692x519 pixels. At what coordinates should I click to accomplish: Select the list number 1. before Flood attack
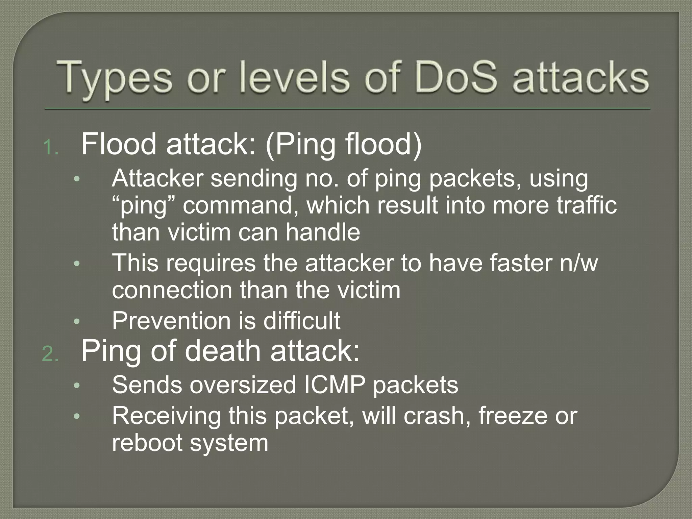pos(51,148)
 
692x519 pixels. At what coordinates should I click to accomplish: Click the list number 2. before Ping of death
pos(50,355)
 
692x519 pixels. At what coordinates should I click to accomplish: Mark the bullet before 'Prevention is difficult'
pos(77,322)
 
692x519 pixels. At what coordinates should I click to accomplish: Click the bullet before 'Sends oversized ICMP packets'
pos(77,386)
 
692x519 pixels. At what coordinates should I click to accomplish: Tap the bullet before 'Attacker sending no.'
pos(77,179)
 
